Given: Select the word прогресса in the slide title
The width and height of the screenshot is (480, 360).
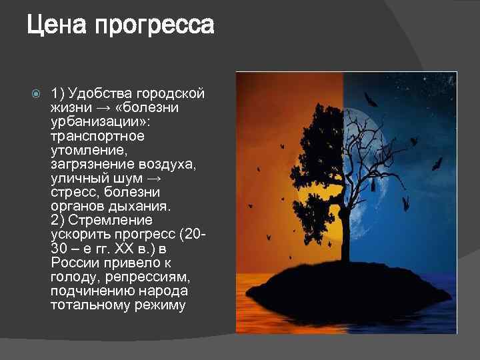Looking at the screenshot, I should (155, 26).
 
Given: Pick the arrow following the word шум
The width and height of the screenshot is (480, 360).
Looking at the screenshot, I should (153, 178).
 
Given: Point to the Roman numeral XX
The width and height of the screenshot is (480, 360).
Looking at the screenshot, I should (124, 248).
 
